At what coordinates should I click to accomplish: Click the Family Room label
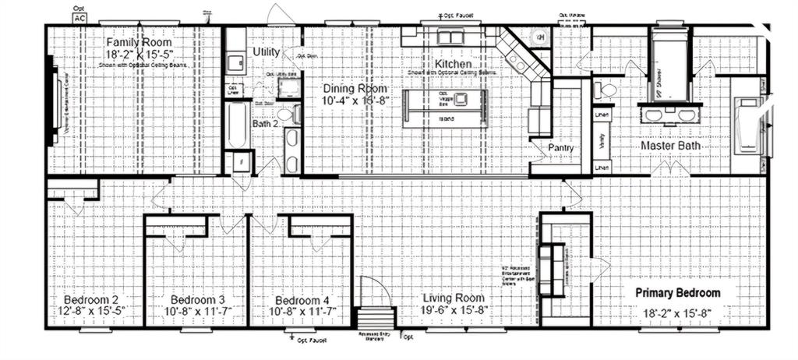coord(139,42)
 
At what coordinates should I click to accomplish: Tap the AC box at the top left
coord(80,16)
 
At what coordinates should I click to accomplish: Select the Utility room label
coord(267,51)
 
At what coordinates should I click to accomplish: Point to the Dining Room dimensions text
coord(355,101)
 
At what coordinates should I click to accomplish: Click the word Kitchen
coord(453,64)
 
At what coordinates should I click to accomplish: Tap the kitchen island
coord(445,108)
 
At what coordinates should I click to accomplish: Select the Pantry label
coord(560,146)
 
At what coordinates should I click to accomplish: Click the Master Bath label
coord(671,145)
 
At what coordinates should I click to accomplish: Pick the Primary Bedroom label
coord(677,293)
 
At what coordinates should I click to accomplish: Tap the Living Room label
coord(453,298)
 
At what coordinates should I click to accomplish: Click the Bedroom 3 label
coord(198,300)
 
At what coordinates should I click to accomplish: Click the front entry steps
coord(375,319)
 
